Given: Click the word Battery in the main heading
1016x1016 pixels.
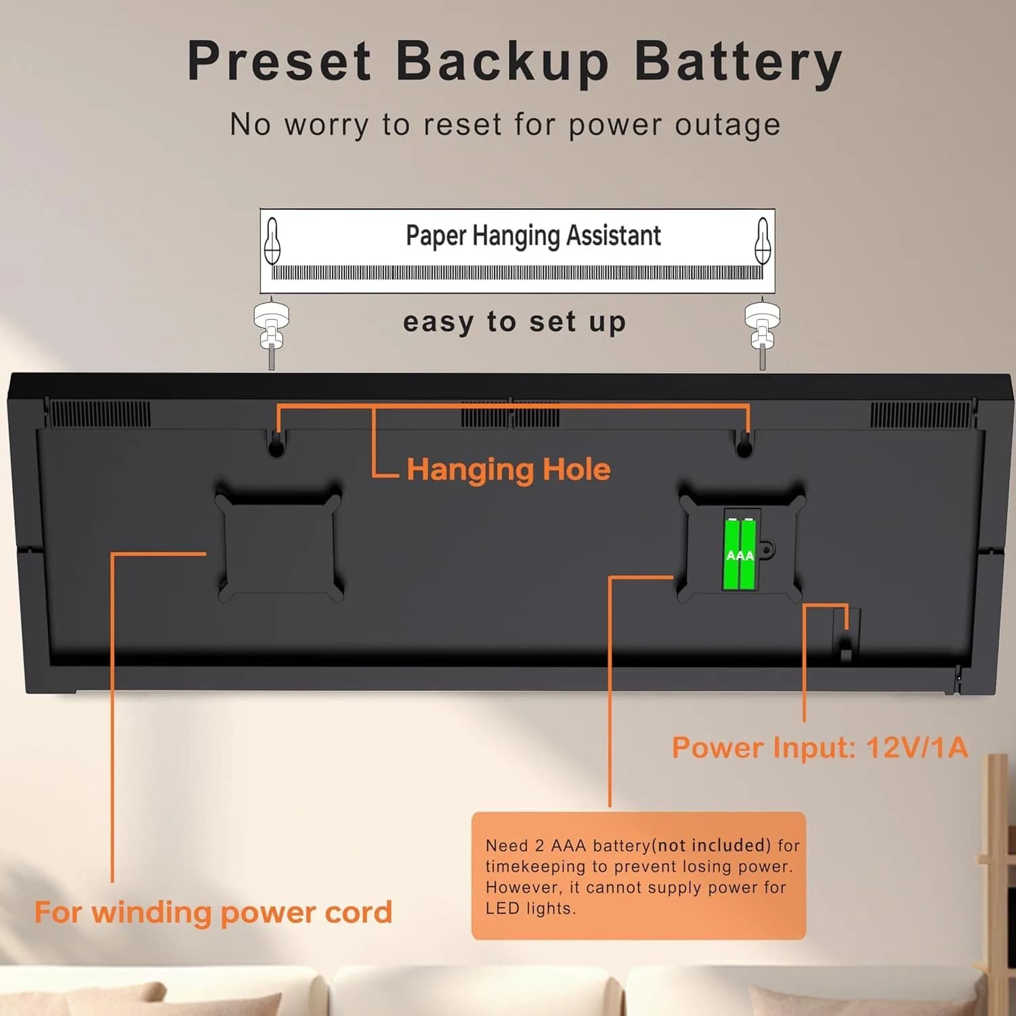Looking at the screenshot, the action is (x=738, y=62).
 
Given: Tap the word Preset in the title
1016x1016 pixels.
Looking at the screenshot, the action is (x=279, y=61).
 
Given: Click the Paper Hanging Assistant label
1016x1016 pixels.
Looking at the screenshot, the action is (x=533, y=236).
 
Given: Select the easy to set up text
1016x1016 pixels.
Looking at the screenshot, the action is (x=514, y=322).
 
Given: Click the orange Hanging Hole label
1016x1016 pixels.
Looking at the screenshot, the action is (x=509, y=469).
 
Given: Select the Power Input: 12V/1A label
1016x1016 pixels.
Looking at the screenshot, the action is (x=820, y=747).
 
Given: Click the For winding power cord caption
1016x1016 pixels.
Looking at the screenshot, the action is (x=213, y=912).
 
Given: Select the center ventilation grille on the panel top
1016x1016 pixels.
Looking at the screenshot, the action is (x=511, y=414).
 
